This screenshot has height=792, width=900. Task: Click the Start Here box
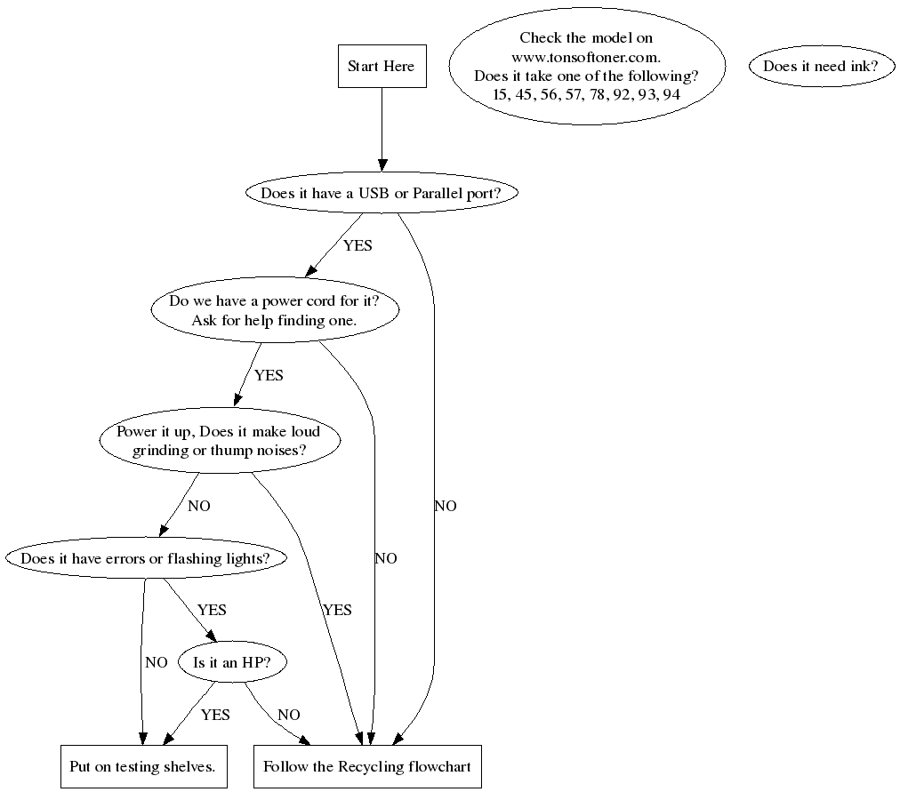click(382, 67)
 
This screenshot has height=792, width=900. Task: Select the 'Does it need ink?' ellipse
click(821, 67)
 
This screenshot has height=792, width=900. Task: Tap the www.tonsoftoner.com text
click(586, 57)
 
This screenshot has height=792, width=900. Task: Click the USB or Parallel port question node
click(382, 193)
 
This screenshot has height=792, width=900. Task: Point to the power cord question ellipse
click(274, 310)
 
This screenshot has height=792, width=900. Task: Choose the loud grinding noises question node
click(219, 441)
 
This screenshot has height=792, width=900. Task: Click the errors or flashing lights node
click(148, 558)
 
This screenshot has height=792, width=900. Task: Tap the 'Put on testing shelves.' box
click(143, 766)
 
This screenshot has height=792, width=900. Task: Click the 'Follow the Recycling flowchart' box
click(367, 766)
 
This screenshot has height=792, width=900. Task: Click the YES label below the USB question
click(358, 245)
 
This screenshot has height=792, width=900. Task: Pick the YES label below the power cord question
click(269, 375)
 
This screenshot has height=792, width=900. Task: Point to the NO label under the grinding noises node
click(199, 507)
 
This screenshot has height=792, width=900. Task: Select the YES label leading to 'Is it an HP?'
click(212, 610)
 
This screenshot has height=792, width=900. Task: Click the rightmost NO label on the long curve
click(446, 507)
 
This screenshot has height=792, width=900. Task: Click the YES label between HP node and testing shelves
click(215, 715)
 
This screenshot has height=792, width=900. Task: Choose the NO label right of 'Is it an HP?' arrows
click(289, 715)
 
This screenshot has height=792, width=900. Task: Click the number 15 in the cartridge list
click(501, 94)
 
